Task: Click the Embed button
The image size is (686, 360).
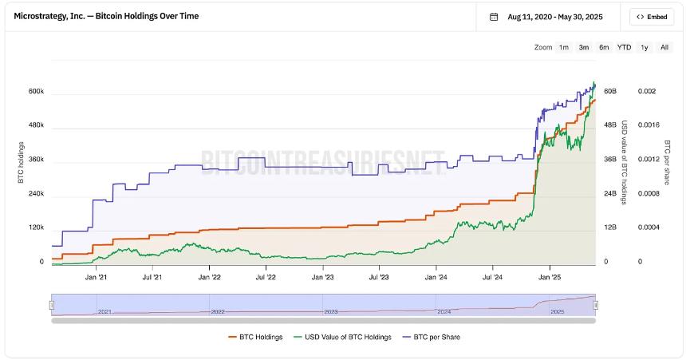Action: [x=652, y=17]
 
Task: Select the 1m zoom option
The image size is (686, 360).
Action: [x=564, y=47]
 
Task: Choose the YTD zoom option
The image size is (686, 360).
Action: [x=624, y=47]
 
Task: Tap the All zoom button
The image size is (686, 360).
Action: [x=664, y=47]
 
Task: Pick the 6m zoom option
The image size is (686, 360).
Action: [x=604, y=47]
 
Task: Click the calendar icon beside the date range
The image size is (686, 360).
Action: [x=494, y=17]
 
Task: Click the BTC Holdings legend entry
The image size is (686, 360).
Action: [x=255, y=337]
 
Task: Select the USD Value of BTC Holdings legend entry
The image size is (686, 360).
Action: [x=343, y=337]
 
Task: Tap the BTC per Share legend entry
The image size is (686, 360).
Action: [x=432, y=337]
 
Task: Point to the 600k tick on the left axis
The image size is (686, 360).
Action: [x=36, y=92]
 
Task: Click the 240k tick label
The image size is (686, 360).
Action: [x=36, y=194]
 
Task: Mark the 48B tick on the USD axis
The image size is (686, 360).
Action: [x=610, y=125]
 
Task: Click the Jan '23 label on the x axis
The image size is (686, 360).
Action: [x=323, y=278]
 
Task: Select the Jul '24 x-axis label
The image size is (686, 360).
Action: [x=492, y=278]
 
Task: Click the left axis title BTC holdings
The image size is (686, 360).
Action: [x=21, y=162]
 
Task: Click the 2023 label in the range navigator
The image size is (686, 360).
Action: [x=331, y=311]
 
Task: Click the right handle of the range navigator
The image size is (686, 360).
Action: [x=596, y=305]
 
